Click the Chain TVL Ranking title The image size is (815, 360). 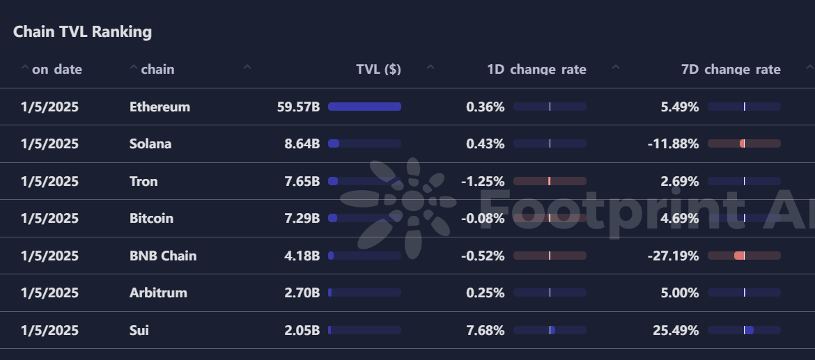[x=82, y=32]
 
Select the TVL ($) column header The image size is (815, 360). [x=378, y=70]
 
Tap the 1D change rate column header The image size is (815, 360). [x=536, y=70]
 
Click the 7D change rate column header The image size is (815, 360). [x=731, y=70]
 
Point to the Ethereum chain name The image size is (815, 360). [x=160, y=107]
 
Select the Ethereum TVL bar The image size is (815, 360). [x=364, y=107]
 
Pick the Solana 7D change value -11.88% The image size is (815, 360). [x=673, y=144]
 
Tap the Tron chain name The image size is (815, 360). [x=143, y=182]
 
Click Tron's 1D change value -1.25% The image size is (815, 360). [x=483, y=182]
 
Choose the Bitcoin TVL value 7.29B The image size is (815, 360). [x=302, y=219]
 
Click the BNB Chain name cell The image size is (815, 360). [x=163, y=256]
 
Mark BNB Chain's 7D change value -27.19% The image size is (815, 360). [x=673, y=256]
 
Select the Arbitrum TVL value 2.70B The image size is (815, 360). [x=302, y=293]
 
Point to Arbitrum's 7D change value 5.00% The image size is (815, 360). [x=679, y=293]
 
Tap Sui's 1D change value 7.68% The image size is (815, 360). [x=485, y=331]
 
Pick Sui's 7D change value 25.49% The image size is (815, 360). [x=676, y=331]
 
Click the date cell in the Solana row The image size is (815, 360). [x=49, y=144]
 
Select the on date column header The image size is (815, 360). [x=56, y=70]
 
